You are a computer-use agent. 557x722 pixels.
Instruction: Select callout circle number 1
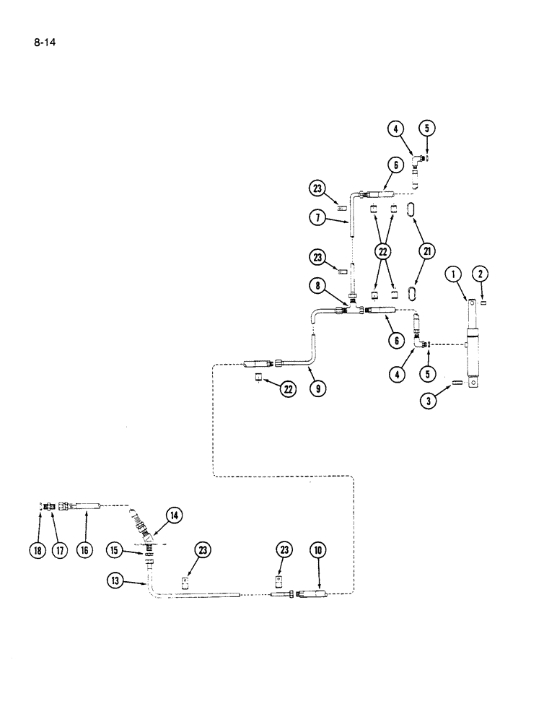452,274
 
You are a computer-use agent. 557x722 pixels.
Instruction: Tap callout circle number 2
482,274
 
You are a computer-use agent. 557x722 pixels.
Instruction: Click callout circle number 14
174,516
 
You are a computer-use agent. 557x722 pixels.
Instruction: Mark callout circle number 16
84,551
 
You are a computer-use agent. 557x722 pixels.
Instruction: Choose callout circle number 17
60,551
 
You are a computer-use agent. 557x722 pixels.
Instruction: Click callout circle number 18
38,551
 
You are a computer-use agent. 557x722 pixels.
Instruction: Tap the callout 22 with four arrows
383,251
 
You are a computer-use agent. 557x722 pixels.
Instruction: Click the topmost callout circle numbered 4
395,130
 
